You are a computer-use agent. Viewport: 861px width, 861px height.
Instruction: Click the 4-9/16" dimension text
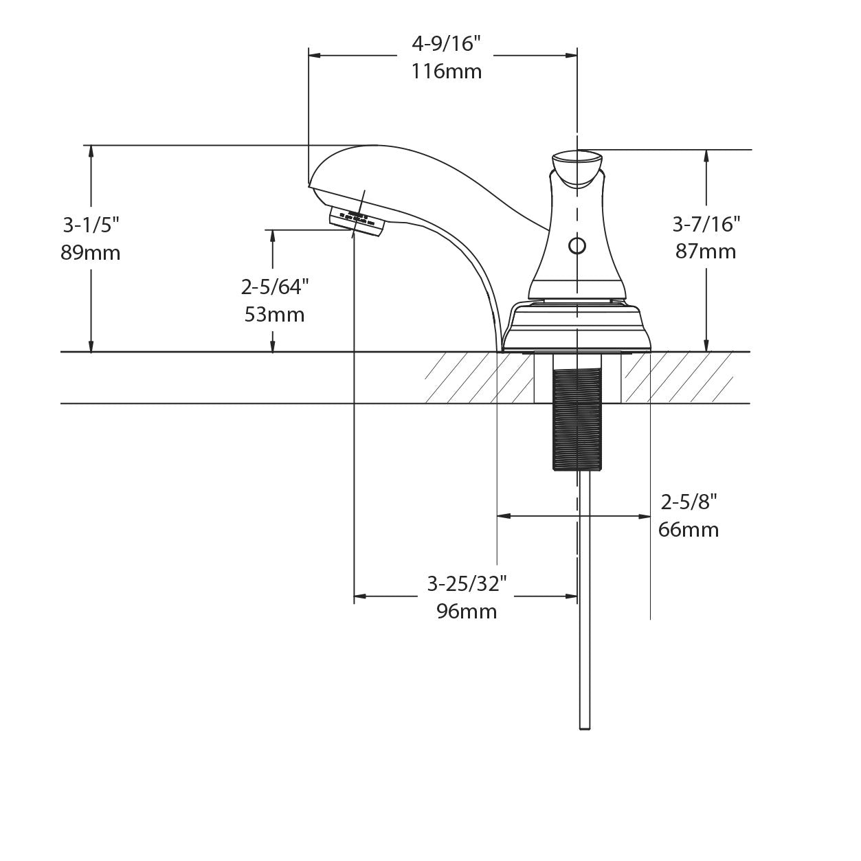446,45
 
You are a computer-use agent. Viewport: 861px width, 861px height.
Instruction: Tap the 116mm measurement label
447,71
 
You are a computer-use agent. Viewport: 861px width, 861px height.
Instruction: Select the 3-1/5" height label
91,225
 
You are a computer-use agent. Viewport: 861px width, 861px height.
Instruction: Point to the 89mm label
90,253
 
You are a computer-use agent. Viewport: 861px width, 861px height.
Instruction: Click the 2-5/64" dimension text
274,287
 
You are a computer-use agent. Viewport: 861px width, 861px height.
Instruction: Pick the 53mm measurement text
274,315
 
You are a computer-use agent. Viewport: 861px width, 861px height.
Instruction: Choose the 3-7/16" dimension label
706,224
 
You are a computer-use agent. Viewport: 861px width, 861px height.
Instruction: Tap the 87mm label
706,251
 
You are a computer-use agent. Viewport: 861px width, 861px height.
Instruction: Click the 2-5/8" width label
689,502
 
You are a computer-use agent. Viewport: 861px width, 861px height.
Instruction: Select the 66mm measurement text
689,530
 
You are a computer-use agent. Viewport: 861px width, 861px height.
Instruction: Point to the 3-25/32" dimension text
467,583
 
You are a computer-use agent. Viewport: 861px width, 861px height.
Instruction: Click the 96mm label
467,611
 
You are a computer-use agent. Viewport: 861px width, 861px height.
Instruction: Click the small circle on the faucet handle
577,245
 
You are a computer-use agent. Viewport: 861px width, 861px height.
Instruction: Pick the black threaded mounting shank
577,419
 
